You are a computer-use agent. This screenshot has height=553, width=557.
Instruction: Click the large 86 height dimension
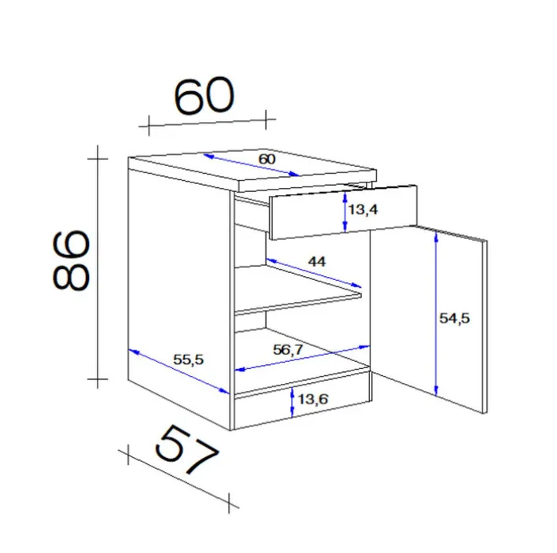71,260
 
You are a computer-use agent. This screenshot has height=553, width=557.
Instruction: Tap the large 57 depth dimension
186,451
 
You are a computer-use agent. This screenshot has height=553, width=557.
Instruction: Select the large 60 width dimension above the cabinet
203,97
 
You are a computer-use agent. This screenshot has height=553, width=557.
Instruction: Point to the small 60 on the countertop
267,158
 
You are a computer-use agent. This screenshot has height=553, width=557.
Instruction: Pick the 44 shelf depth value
317,260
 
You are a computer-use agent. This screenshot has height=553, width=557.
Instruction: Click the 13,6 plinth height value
312,400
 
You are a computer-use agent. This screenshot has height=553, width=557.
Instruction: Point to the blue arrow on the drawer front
346,212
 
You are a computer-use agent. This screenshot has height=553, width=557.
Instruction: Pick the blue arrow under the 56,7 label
303,358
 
